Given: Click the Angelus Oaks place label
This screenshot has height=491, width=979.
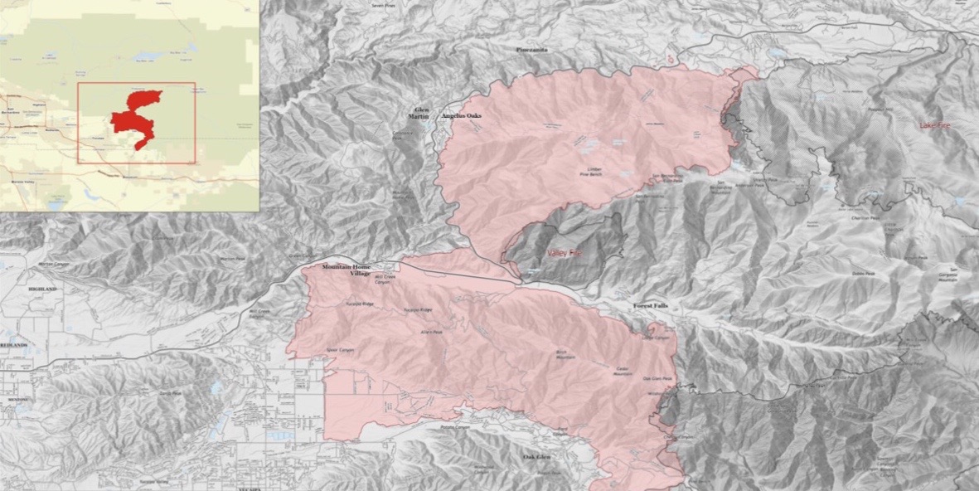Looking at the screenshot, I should pos(462,117).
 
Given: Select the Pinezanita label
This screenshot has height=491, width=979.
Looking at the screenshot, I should pos(533,51).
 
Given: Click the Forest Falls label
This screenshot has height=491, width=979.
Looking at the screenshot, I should pos(650,306).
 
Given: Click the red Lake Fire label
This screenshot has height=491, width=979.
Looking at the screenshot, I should pos(935,125).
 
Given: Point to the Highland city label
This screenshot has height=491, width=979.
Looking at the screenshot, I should pos(41,289).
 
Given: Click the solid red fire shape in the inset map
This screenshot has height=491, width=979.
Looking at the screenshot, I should pos(137,117).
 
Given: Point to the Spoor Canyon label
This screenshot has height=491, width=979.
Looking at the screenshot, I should pos(341,349).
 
